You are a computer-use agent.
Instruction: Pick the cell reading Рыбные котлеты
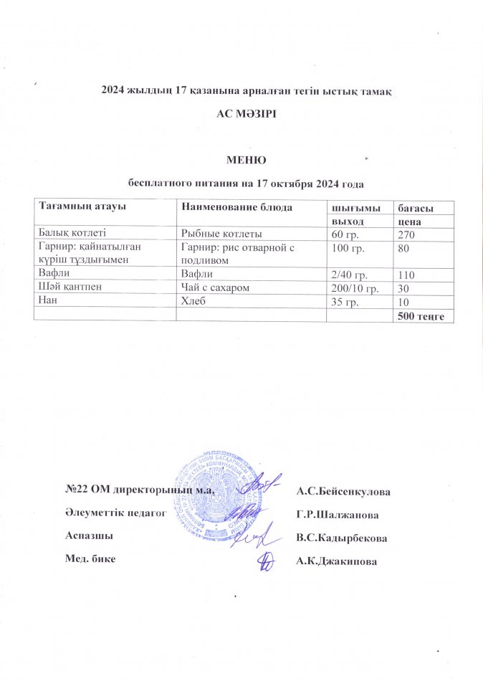(x=221, y=234)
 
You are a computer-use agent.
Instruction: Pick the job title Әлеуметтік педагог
(x=115, y=513)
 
